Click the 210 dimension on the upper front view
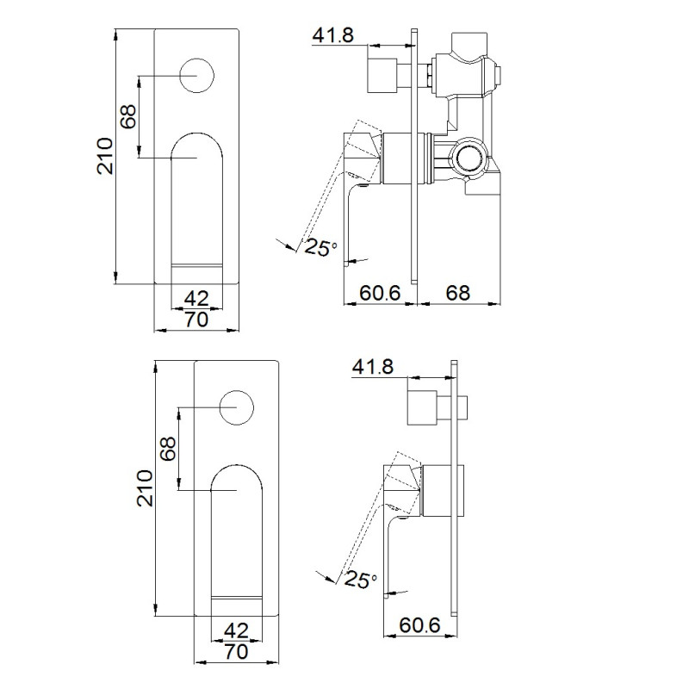105,156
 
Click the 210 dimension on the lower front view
145,488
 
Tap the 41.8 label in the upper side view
332,35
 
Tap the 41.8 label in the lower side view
373,367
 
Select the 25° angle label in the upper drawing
320,247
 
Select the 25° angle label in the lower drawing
361,579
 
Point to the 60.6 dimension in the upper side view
380,293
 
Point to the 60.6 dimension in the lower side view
419,625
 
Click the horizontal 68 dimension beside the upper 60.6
458,293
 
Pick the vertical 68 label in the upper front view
129,117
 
